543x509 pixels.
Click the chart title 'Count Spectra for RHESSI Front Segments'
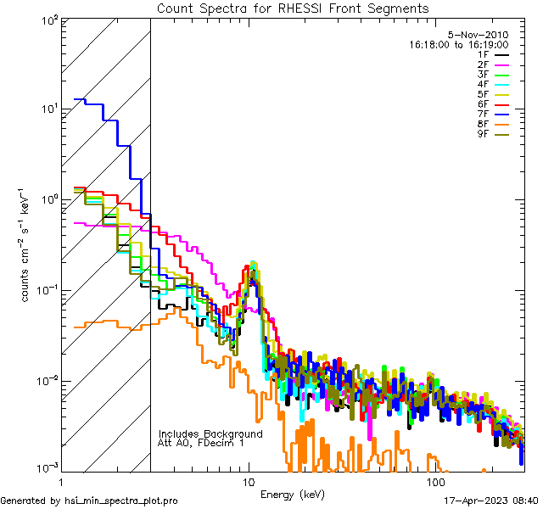(x=293, y=8)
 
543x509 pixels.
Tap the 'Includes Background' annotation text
(x=210, y=434)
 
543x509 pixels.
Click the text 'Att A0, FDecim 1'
(x=200, y=444)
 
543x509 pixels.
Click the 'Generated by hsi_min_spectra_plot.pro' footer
(x=89, y=501)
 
